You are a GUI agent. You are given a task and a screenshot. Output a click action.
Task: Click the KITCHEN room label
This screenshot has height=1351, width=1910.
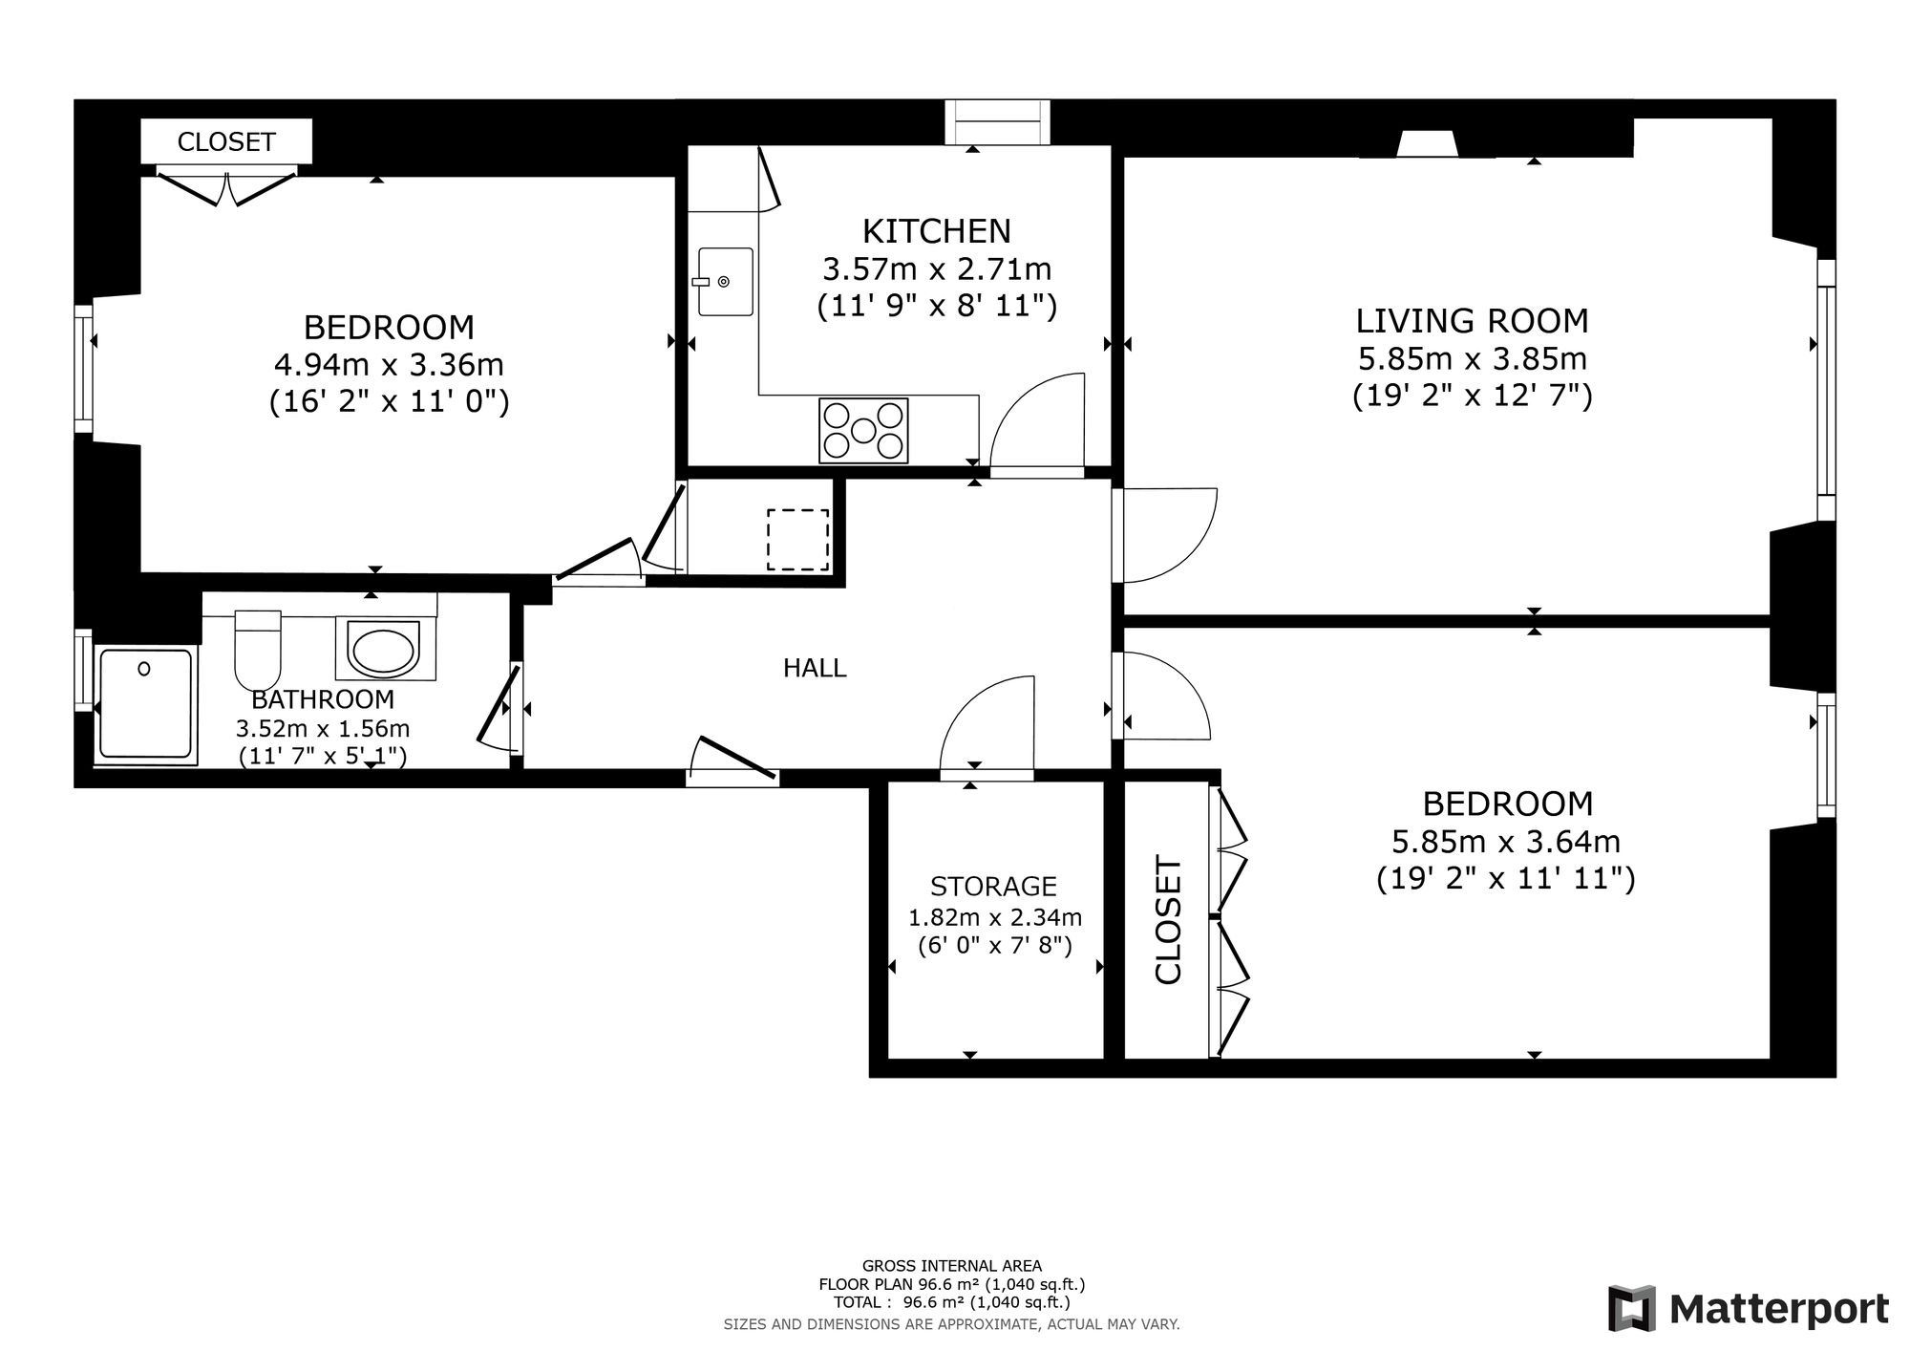click(936, 231)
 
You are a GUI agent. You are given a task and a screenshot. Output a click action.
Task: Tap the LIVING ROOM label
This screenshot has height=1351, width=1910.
click(1473, 321)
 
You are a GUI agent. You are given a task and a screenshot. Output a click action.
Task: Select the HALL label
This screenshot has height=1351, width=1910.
click(815, 668)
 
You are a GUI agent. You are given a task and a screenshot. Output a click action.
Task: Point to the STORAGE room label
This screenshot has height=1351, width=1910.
click(993, 887)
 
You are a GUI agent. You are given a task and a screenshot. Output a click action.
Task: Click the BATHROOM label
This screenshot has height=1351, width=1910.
click(323, 699)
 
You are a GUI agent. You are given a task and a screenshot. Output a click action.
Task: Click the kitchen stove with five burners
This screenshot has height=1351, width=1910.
click(863, 431)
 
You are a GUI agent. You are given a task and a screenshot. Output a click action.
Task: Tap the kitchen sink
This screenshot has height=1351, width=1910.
click(725, 281)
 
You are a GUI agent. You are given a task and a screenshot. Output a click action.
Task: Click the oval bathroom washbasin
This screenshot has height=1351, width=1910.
click(383, 650)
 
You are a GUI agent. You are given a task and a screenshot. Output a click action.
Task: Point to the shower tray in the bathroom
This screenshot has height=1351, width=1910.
click(145, 706)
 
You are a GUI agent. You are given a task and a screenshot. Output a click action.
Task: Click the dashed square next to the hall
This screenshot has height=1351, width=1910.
click(798, 540)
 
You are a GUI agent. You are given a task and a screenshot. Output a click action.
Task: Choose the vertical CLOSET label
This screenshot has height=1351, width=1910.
click(1169, 919)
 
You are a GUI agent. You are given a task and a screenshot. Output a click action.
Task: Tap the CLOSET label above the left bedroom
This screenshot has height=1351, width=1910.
click(226, 142)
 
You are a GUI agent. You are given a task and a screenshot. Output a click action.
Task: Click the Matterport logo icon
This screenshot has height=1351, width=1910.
click(1632, 1308)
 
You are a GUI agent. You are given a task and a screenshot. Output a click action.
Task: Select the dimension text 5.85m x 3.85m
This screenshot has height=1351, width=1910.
click(1473, 359)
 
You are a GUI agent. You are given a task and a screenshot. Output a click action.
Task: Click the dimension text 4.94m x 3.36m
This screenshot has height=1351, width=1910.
click(389, 365)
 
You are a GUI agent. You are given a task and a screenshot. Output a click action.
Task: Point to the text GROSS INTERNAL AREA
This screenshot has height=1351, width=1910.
click(951, 1266)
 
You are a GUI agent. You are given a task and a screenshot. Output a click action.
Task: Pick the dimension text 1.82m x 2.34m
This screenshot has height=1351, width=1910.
click(994, 918)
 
